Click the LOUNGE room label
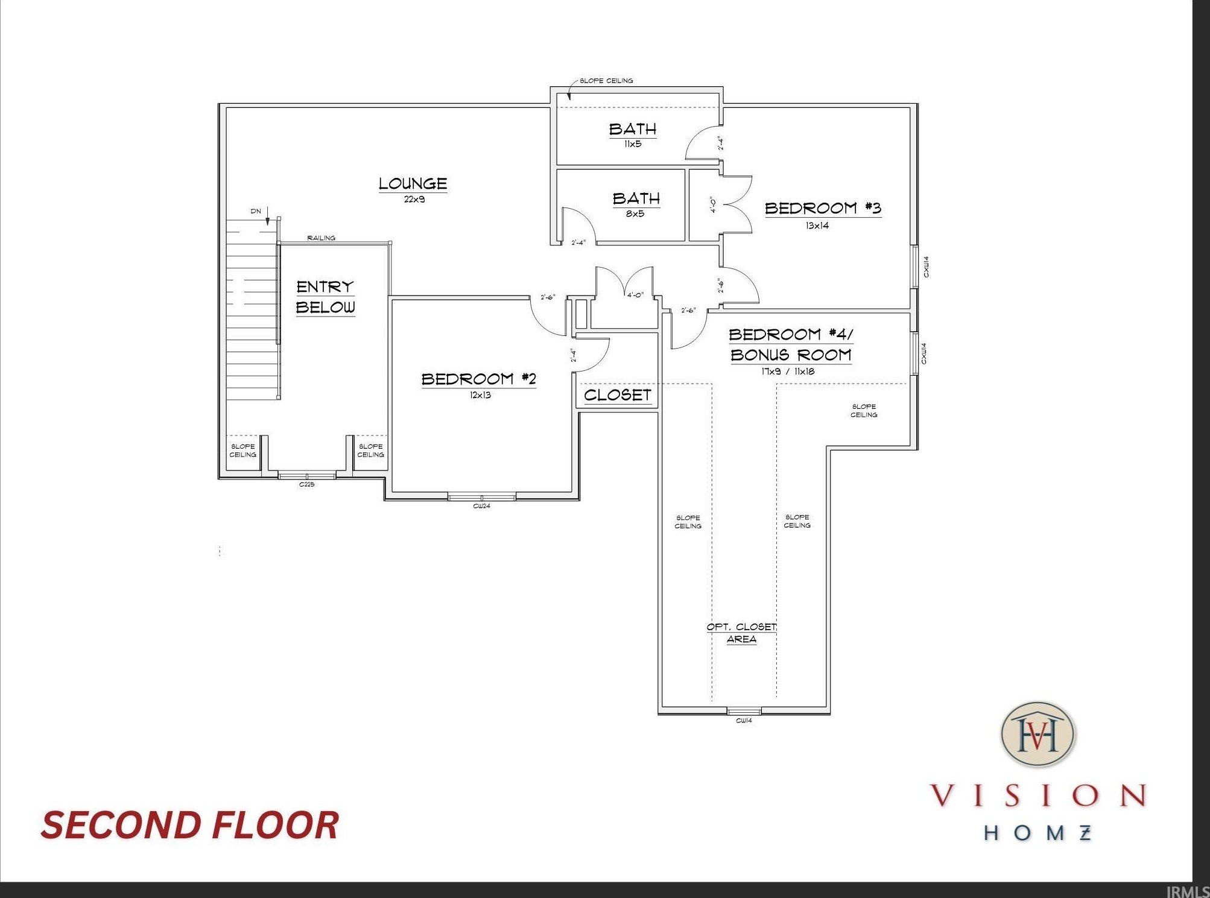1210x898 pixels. tap(413, 183)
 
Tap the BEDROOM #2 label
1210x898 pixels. tap(478, 379)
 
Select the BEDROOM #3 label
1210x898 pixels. tap(823, 208)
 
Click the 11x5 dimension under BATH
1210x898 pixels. tap(633, 144)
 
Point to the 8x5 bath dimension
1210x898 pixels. tap(635, 213)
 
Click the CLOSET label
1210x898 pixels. tap(618, 395)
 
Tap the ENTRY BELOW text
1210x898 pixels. tap(325, 297)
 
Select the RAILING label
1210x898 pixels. tap(321, 238)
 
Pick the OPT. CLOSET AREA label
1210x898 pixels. tap(741, 633)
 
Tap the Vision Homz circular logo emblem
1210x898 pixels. tap(1038, 734)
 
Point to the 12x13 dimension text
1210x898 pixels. tap(481, 396)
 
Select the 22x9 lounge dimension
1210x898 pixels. tap(414, 199)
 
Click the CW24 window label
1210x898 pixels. tap(481, 506)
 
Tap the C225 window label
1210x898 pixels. tap(306, 484)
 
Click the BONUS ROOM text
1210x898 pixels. tap(791, 355)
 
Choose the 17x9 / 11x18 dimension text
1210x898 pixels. tap(788, 372)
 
